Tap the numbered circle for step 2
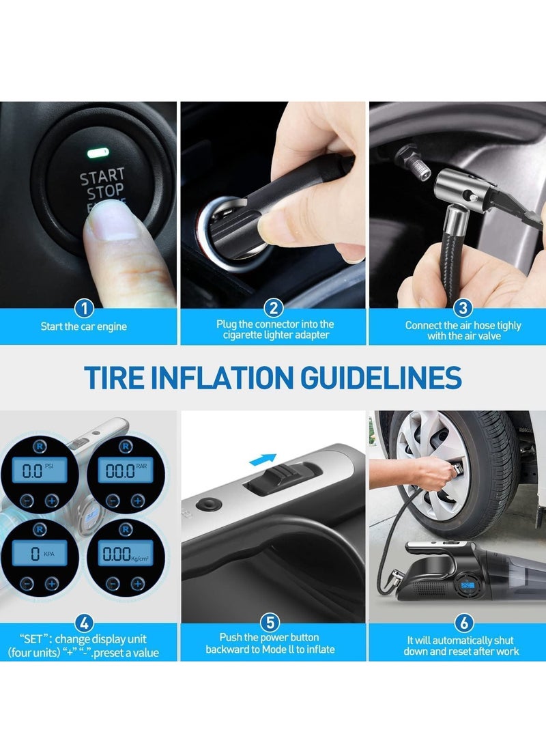pyautogui.click(x=273, y=309)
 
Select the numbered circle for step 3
pyautogui.click(x=462, y=309)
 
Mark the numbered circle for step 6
pyautogui.click(x=462, y=623)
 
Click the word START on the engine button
pyautogui.click(x=102, y=176)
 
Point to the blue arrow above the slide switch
pyautogui.click(x=263, y=460)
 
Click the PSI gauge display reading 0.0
pyautogui.click(x=38, y=470)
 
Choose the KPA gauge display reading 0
pyautogui.click(x=40, y=553)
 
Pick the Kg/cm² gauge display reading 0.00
pyautogui.click(x=124, y=553)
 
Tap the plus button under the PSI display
pyautogui.click(x=51, y=501)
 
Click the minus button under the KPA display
pyautogui.click(x=26, y=583)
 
